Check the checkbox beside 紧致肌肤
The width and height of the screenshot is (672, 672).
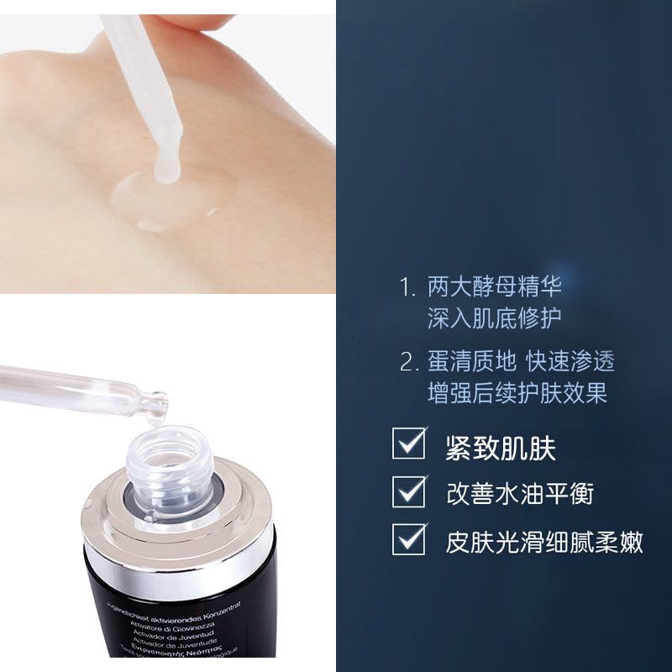click(x=409, y=444)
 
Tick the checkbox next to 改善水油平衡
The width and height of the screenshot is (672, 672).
click(x=409, y=490)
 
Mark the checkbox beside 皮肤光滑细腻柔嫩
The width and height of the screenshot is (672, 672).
click(x=409, y=537)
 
